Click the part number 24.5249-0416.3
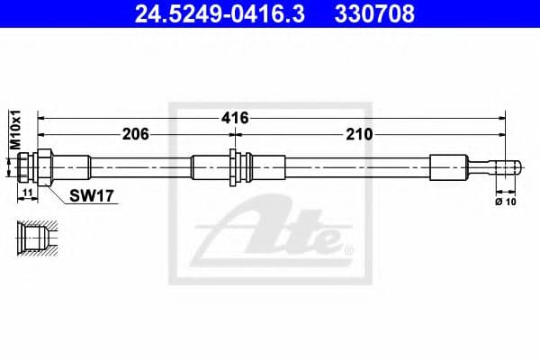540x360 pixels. coord(210,14)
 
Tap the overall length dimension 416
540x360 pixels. coord(236,118)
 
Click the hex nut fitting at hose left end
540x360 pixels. coord(37,166)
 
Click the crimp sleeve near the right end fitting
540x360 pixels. coord(448,166)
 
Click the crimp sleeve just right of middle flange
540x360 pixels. coord(265,166)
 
